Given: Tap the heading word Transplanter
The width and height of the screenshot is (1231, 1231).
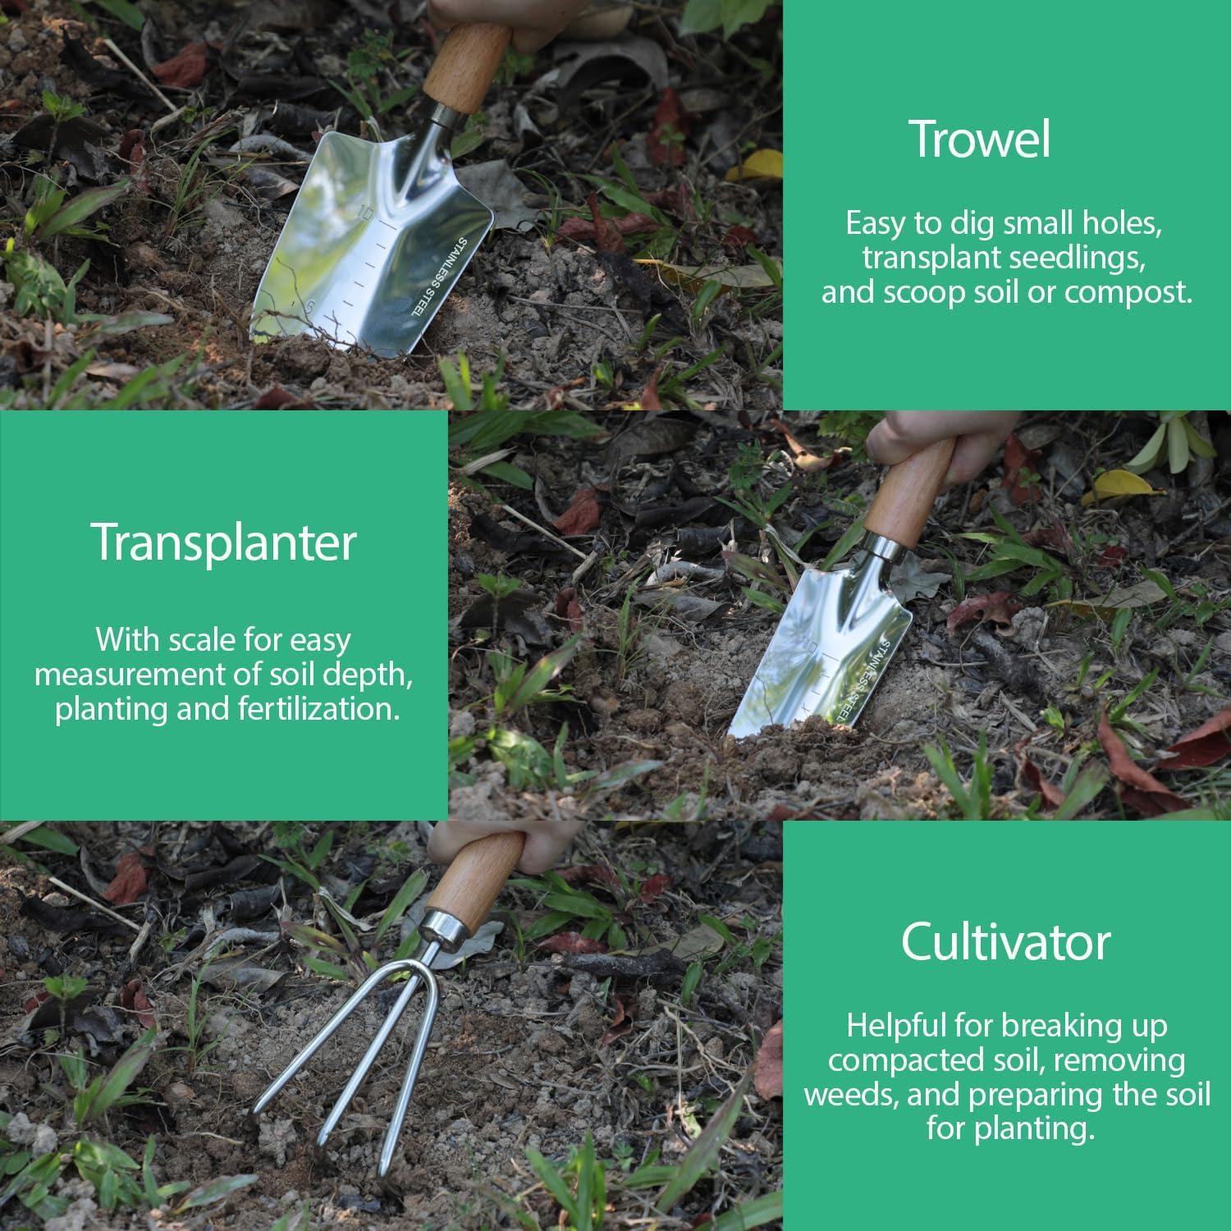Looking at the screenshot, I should click(x=223, y=542).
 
